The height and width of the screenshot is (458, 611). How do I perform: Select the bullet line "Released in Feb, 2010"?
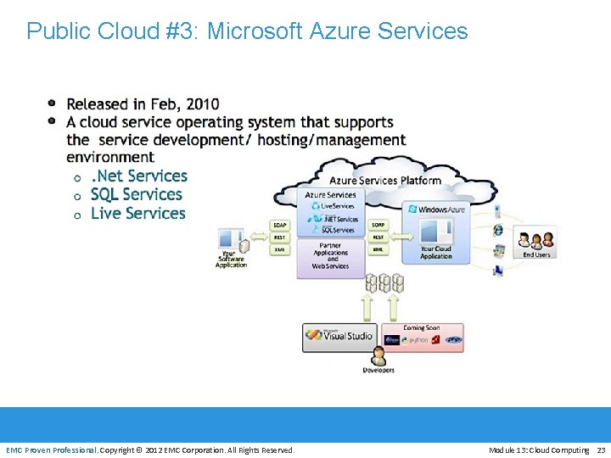(x=143, y=104)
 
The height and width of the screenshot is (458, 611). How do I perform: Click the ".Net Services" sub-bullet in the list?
(x=139, y=176)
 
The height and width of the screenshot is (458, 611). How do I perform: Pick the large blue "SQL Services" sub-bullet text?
(x=137, y=194)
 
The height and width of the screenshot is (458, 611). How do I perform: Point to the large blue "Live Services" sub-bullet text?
(x=137, y=213)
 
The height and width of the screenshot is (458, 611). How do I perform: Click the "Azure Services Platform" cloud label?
(x=384, y=180)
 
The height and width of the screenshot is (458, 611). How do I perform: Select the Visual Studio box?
(x=339, y=336)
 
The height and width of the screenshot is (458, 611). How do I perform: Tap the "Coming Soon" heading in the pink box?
(x=421, y=327)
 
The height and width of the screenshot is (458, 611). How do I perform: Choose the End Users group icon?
(x=536, y=241)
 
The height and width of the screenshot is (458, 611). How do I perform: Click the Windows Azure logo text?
(x=440, y=209)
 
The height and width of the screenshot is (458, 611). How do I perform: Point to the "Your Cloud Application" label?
(x=436, y=252)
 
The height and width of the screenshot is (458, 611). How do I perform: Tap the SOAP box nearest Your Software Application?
(x=279, y=225)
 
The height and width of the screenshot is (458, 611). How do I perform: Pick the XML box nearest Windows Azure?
(x=378, y=249)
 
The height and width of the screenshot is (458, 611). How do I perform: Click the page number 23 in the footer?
(x=601, y=450)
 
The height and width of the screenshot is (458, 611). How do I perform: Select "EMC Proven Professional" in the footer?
(x=51, y=450)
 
